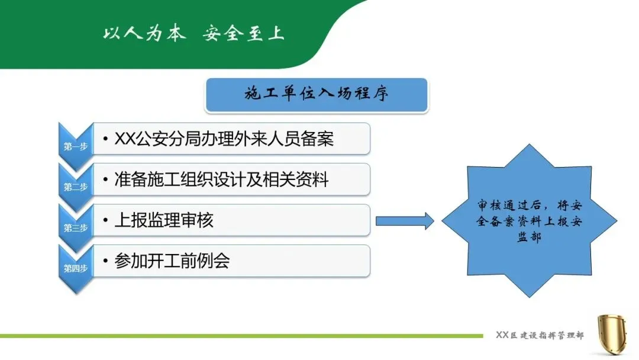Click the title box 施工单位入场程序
coord(317,95)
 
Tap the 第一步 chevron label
coord(76,146)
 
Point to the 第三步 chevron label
coord(76,227)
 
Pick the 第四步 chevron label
coord(76,268)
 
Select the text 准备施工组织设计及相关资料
coord(221,179)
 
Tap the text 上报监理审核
coord(163,220)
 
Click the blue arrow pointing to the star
coord(405,221)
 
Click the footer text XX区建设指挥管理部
coord(540,336)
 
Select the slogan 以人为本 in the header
coord(144,33)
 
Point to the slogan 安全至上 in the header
coord(243,33)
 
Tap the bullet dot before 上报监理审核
coord(105,221)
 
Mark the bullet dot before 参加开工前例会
coord(105,261)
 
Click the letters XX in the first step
coord(125,139)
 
